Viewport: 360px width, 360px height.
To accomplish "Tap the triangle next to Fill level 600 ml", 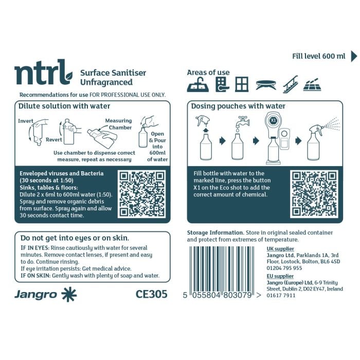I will pos(354,56).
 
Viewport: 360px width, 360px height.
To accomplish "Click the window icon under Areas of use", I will pos(242,84).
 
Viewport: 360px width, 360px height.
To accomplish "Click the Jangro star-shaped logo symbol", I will pos(68,294).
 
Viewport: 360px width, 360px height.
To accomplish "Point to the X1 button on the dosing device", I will pos(274,119).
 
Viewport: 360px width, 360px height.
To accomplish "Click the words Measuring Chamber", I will pos(119,124).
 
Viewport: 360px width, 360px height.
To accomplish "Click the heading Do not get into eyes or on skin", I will pos(74,238).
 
